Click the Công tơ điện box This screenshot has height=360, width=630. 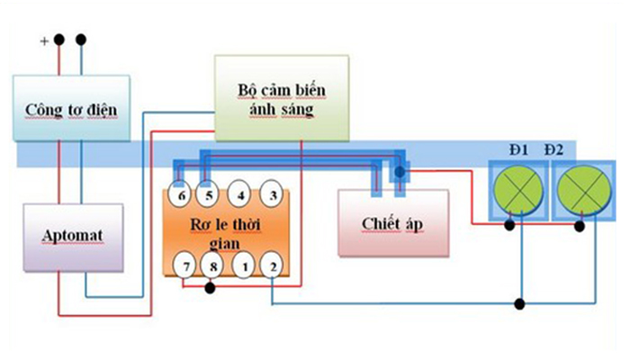pyautogui.click(x=71, y=108)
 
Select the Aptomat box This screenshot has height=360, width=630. pyautogui.click(x=73, y=238)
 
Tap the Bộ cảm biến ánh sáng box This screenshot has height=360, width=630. pyautogui.click(x=282, y=98)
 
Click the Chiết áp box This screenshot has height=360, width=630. pyautogui.click(x=393, y=223)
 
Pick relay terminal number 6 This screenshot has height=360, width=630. pyautogui.click(x=180, y=195)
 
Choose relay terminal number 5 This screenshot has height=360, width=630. pyautogui.click(x=207, y=195)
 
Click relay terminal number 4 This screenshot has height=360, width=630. pyautogui.click(x=239, y=194)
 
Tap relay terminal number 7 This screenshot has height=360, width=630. pyautogui.click(x=184, y=265)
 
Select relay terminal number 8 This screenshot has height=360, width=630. pyautogui.click(x=212, y=265)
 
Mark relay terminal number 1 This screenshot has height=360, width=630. pyautogui.click(x=244, y=265)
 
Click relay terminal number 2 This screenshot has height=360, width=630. pyautogui.click(x=272, y=265)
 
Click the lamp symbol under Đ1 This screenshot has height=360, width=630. pyautogui.click(x=518, y=190)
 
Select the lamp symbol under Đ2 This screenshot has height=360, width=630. pyautogui.click(x=583, y=190)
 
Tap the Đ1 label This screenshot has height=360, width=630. pyautogui.click(x=518, y=150)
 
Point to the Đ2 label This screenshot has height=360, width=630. pyautogui.click(x=554, y=150)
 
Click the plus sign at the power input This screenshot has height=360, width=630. pyautogui.click(x=44, y=41)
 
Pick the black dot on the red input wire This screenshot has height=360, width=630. pyautogui.click(x=59, y=40)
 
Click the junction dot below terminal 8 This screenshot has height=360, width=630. pyautogui.click(x=210, y=288)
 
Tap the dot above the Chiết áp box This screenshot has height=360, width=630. pyautogui.click(x=400, y=172)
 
